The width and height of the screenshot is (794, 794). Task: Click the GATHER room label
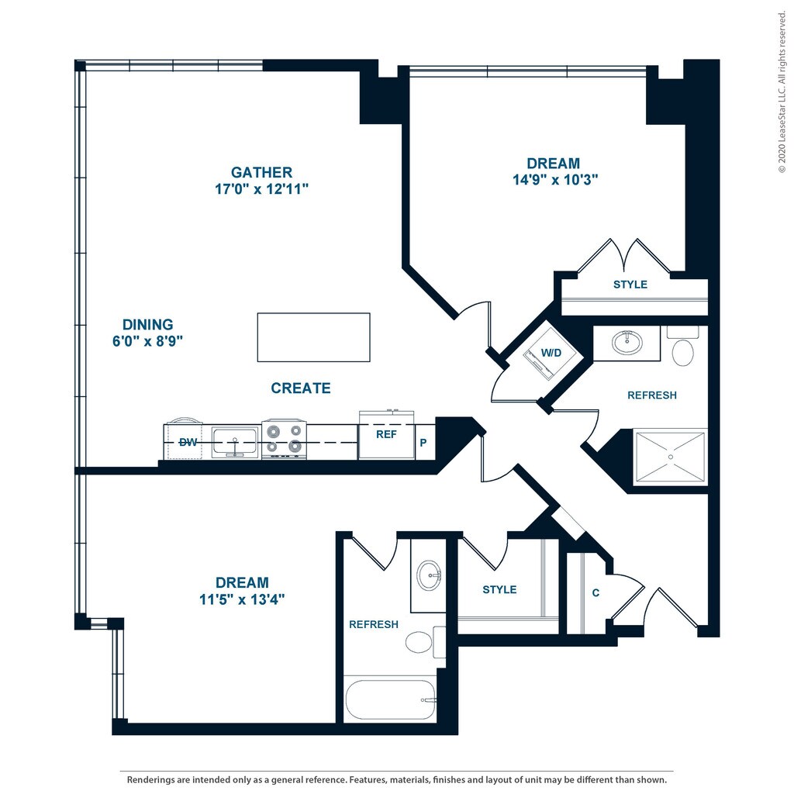[x=262, y=172]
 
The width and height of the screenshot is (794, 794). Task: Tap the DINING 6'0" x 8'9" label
[x=148, y=333]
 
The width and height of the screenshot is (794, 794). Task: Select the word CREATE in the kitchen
[x=301, y=388]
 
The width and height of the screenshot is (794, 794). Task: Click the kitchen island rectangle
[x=313, y=337]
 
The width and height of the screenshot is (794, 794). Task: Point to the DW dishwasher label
[x=188, y=443]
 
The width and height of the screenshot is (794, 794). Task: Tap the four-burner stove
[x=284, y=439]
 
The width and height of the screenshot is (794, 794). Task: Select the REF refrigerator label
[x=386, y=434]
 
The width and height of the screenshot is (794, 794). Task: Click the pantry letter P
[x=423, y=443]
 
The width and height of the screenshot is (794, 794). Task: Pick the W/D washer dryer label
[x=551, y=353]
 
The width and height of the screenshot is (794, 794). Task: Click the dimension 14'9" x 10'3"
[x=555, y=180]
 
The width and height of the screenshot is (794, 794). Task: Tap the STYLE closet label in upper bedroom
[x=630, y=285]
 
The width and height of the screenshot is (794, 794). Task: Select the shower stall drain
[x=671, y=457]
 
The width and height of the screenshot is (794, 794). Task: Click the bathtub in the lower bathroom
[x=391, y=700]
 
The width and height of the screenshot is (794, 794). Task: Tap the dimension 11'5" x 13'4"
[x=242, y=599]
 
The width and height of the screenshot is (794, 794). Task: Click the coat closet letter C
[x=595, y=592]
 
